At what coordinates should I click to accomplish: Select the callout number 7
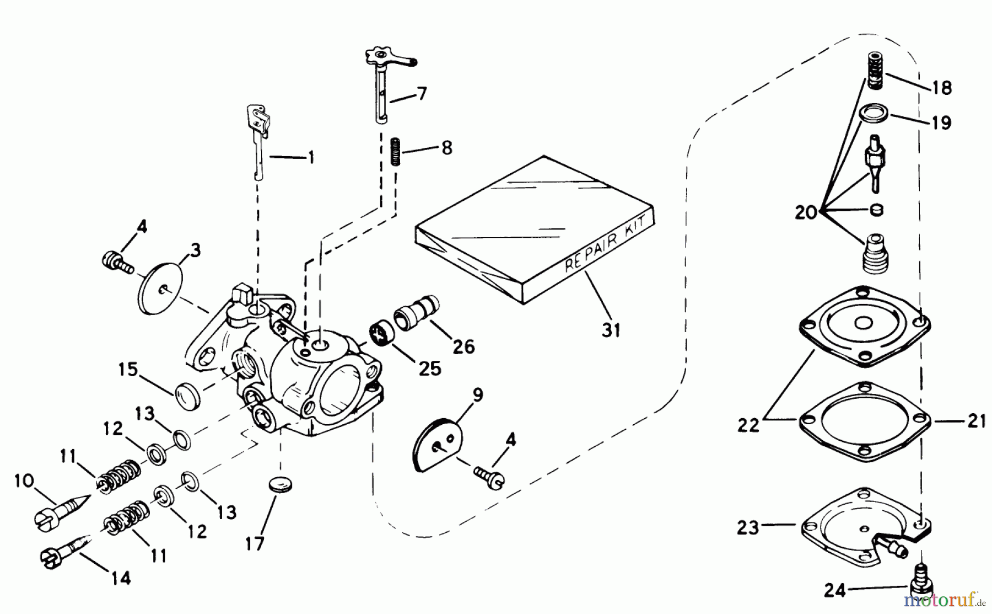click(x=422, y=94)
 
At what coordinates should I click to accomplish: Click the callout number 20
click(x=806, y=212)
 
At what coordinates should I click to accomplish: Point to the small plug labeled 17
click(x=281, y=486)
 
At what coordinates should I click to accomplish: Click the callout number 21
click(x=977, y=421)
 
